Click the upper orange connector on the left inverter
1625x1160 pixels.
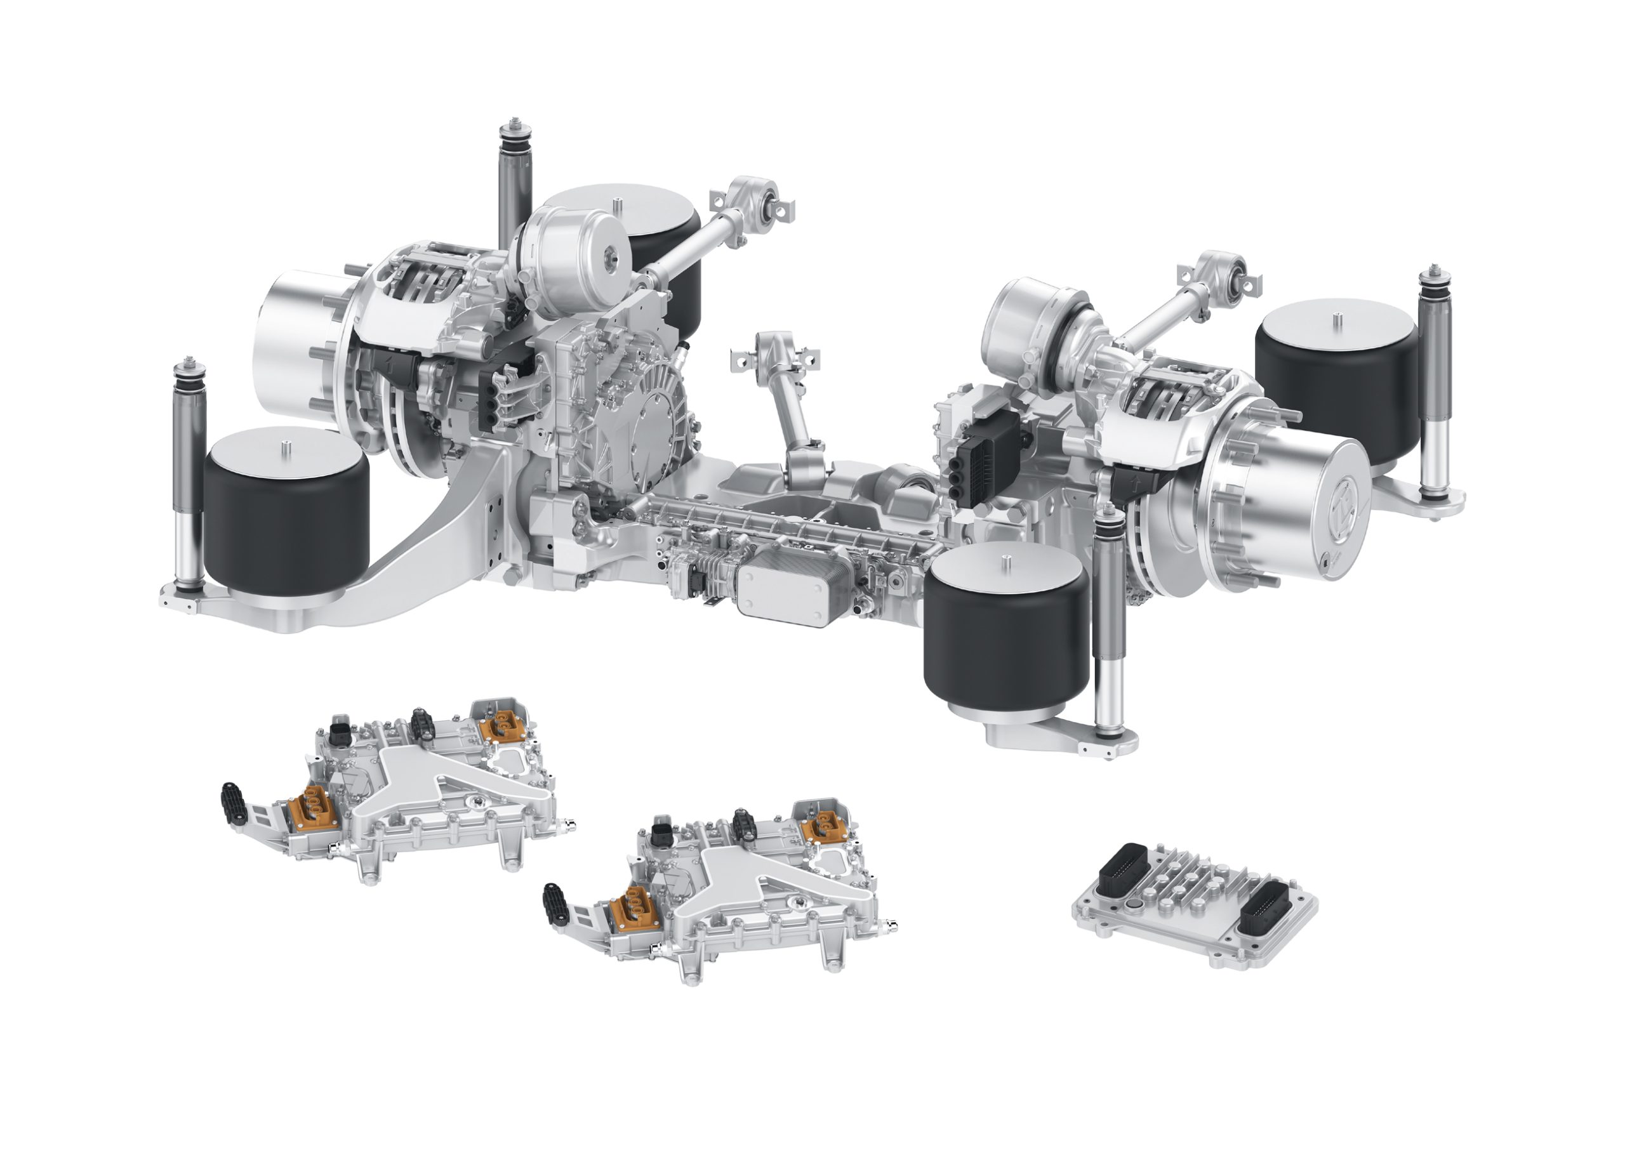498,728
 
